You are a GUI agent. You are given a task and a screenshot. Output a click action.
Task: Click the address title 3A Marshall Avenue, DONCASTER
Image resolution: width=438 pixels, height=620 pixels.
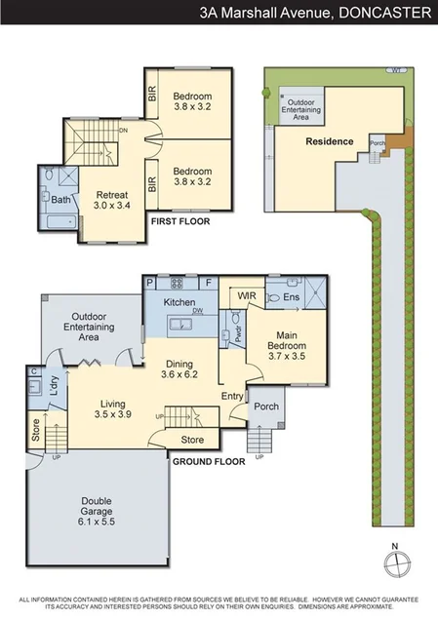click(x=314, y=14)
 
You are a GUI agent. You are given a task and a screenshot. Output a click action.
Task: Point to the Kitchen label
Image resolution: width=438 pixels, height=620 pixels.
click(x=179, y=303)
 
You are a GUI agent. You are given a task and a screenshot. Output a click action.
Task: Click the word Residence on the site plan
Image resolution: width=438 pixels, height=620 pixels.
click(x=329, y=141)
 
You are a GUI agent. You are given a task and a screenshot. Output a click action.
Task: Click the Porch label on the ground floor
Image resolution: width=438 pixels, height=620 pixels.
click(x=265, y=407)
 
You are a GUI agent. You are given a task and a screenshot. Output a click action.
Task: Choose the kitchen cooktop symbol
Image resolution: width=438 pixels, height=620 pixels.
click(x=179, y=285)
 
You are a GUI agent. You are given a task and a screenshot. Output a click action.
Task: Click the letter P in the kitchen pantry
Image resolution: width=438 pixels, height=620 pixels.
click(x=149, y=284)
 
